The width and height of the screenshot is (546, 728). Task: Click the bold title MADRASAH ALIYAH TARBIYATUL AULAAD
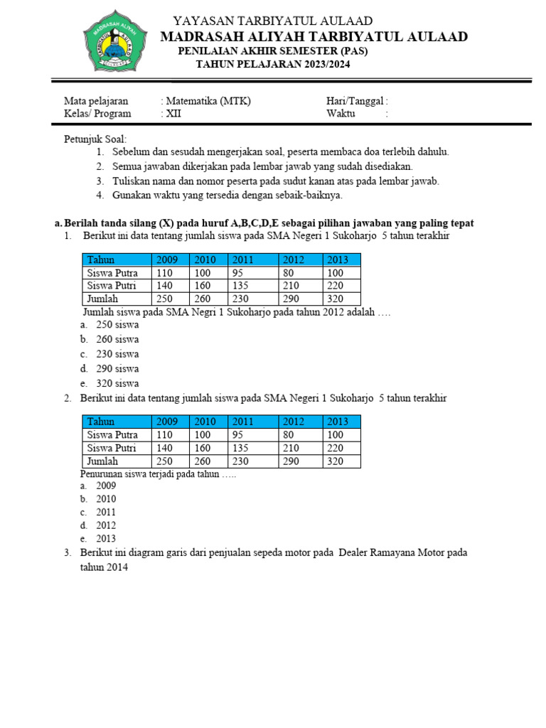(x=314, y=36)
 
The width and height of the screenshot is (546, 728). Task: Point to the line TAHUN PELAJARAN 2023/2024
(x=273, y=64)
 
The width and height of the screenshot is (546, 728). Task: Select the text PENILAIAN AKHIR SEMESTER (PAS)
(x=273, y=51)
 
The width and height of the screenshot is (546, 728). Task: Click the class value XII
(x=174, y=113)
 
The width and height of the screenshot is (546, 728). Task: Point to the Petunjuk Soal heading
(x=95, y=139)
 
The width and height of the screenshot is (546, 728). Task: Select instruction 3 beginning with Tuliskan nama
(x=275, y=181)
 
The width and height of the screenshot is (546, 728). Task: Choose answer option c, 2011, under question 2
(x=106, y=512)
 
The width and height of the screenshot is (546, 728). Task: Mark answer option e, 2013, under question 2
(x=106, y=539)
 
